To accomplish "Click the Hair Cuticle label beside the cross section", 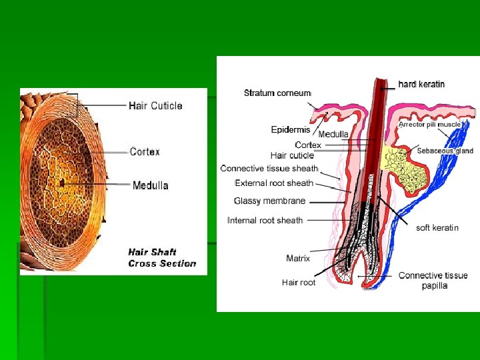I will (155, 105).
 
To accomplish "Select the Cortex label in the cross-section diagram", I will (145, 152).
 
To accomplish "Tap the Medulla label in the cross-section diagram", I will (151, 185).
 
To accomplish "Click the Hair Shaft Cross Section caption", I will (162, 257).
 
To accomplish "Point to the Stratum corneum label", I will (277, 93).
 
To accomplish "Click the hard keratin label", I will (421, 84).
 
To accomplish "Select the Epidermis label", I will (291, 129).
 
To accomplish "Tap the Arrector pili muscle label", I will (430, 124).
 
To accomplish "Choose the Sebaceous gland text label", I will (445, 151).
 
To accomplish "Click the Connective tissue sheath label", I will (269, 169).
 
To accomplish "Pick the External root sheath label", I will (274, 183).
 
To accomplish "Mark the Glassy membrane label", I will (269, 201).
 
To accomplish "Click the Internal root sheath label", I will (265, 220).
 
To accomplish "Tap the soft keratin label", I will (437, 228).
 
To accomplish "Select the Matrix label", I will (298, 258).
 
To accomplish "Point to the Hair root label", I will (299, 282).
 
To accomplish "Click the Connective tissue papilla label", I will (433, 280).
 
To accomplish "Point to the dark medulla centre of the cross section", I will (61, 181).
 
